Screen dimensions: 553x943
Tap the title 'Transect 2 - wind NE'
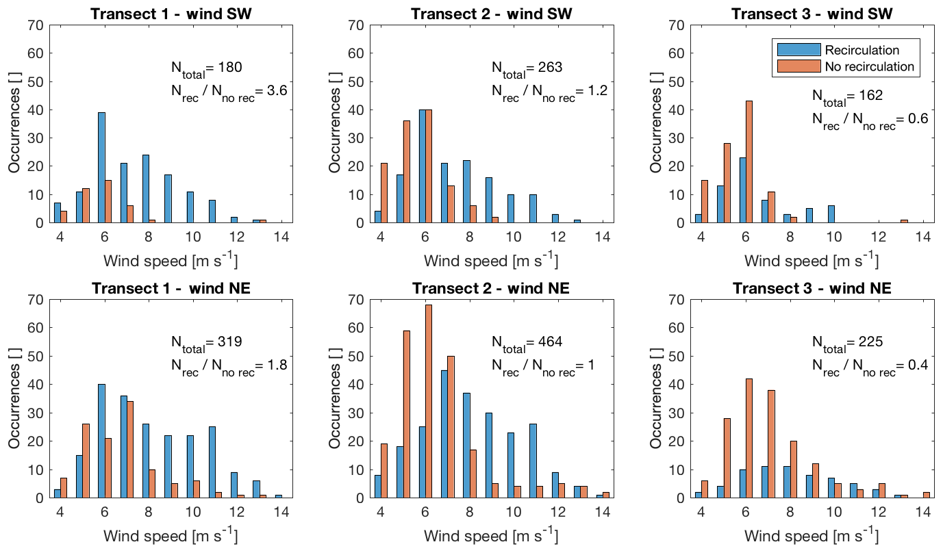click(x=492, y=288)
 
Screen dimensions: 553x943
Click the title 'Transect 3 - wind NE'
click(x=812, y=288)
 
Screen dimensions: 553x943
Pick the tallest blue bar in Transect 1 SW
click(x=101, y=168)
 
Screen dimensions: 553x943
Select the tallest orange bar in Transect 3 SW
click(x=749, y=162)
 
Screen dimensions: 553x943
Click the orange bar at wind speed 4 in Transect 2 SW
click(x=385, y=193)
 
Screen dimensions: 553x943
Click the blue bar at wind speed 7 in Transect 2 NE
click(x=444, y=434)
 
